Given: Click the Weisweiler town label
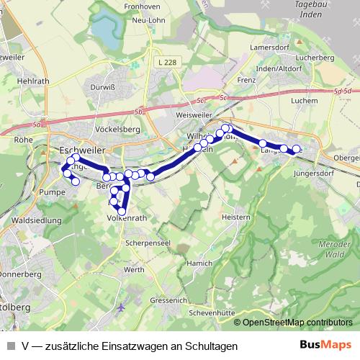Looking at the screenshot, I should tap(197, 114).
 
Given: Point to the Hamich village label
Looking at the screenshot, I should tap(199, 264).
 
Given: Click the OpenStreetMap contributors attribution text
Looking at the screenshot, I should tap(297, 323).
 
